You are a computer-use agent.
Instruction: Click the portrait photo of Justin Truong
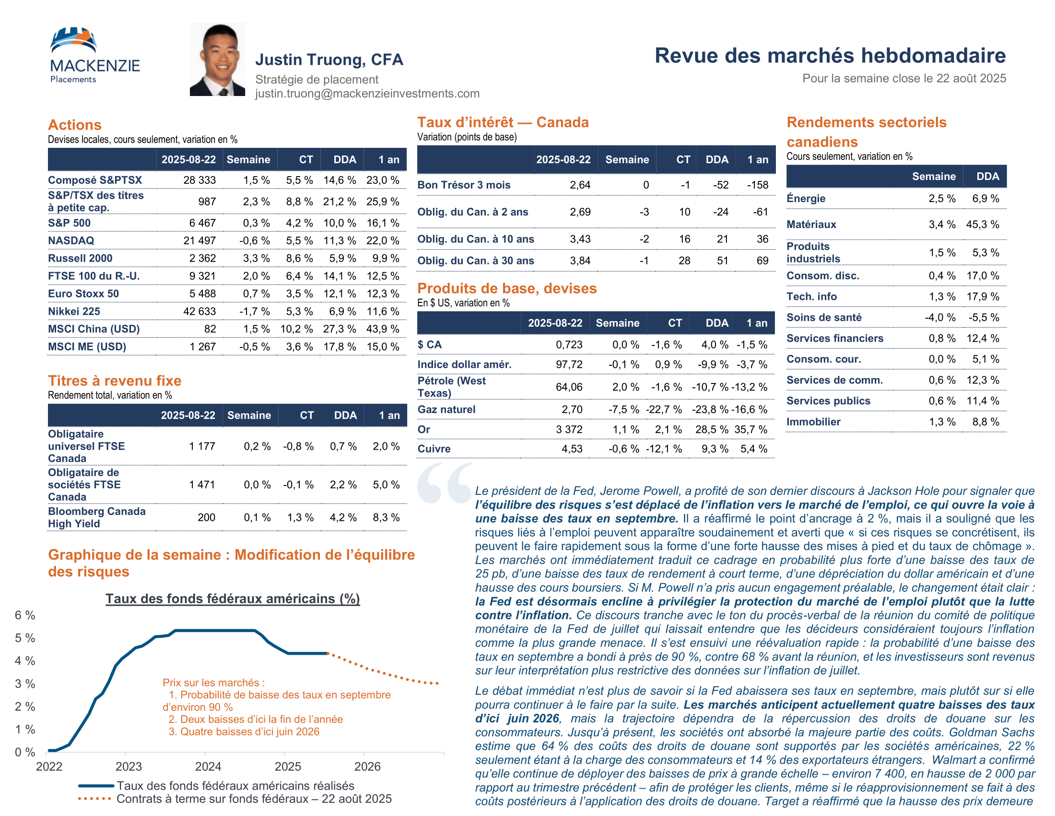pos(217,59)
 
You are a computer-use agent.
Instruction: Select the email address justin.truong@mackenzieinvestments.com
pos(367,93)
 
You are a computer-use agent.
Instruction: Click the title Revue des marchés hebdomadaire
pos(830,56)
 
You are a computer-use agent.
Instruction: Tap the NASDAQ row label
pos(71,240)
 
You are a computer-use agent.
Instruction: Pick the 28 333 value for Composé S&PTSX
pos(199,180)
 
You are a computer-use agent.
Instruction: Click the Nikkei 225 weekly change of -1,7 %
pos(254,312)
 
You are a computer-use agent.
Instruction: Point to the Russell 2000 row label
pos(80,258)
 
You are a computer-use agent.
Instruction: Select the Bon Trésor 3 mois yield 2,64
pos(580,185)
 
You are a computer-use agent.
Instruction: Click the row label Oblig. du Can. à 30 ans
pos(475,261)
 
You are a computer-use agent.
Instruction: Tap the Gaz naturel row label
pos(446,409)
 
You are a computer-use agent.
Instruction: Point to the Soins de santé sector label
pos(823,317)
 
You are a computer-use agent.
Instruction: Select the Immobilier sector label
pos(813,421)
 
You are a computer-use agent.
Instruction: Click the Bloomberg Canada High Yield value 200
pos(206,517)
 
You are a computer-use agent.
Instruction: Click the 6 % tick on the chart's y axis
pos(24,615)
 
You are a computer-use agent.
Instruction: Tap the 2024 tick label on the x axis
pos(208,766)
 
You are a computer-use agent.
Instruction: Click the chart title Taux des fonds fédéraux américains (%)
pos(233,599)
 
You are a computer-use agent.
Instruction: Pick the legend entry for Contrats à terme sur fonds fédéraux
pos(254,799)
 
